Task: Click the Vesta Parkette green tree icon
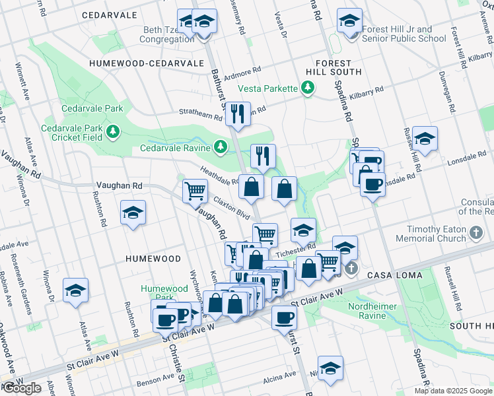coord(307,88)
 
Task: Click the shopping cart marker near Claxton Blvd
coord(195,191)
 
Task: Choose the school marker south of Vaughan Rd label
coord(133,213)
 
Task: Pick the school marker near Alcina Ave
coord(330,368)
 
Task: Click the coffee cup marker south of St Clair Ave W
coord(284,317)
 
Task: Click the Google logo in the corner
coord(22,388)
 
